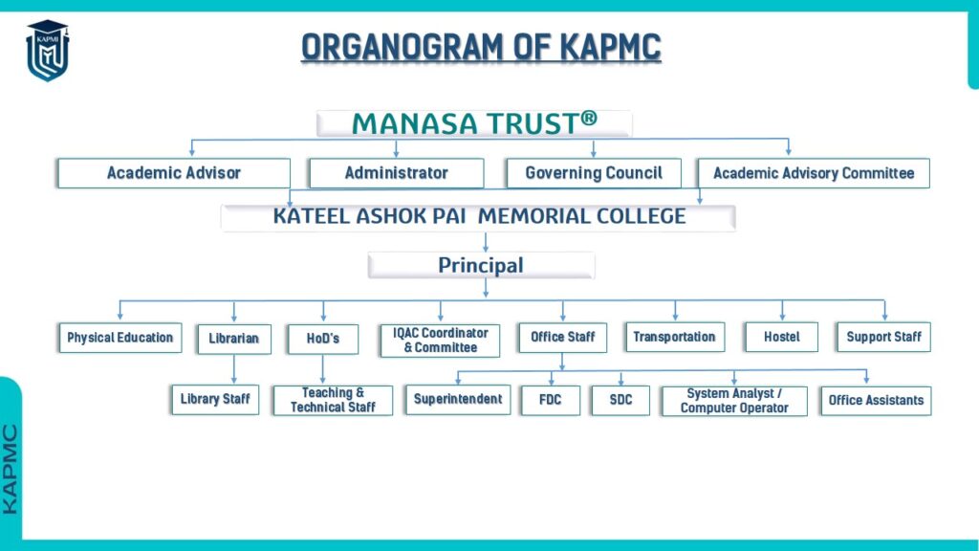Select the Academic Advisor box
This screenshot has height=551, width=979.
[174, 173]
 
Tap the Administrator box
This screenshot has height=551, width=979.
[397, 173]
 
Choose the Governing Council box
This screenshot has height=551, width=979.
[594, 173]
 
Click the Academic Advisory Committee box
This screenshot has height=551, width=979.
[814, 173]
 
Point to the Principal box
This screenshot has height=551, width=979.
[481, 266]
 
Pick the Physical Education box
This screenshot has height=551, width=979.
[120, 338]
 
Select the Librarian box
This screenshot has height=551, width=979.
[234, 339]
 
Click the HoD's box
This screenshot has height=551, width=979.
[323, 339]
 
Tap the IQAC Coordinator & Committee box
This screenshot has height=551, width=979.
[440, 341]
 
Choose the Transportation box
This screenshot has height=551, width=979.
[674, 338]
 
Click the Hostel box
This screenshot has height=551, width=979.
[782, 338]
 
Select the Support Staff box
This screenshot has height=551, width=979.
[884, 338]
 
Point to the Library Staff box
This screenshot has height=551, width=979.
[215, 399]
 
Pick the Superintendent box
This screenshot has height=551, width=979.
[458, 400]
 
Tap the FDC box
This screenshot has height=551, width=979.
[550, 401]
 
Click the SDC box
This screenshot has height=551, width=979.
[620, 401]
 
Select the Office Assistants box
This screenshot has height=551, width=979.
[876, 401]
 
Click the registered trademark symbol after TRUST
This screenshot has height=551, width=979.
[589, 118]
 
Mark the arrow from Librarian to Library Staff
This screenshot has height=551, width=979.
[234, 369]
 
